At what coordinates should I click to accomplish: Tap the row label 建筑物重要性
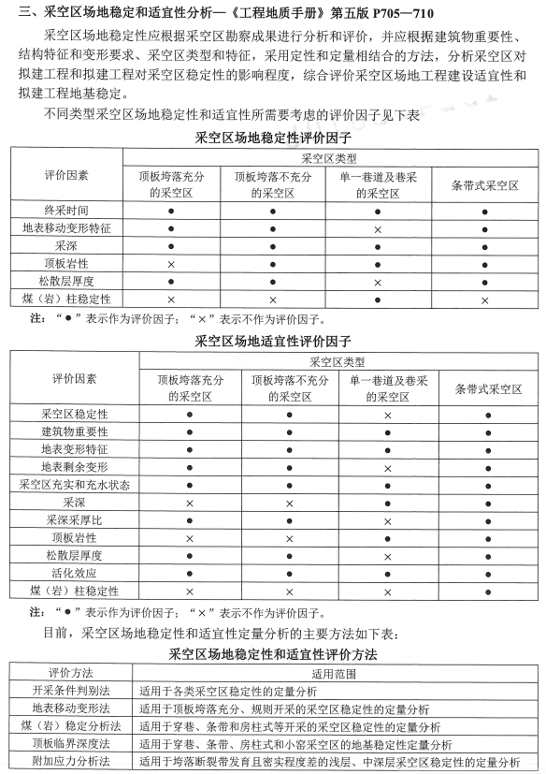pyautogui.click(x=74, y=431)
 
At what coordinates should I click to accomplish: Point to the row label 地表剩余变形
pyautogui.click(x=74, y=466)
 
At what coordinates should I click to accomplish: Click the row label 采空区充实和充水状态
pyautogui.click(x=74, y=484)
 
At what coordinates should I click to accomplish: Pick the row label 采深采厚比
pyautogui.click(x=74, y=519)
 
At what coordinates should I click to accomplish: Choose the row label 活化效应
pyautogui.click(x=74, y=573)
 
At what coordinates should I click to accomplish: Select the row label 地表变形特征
pyautogui.click(x=74, y=449)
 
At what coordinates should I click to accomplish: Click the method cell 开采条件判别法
pyautogui.click(x=65, y=691)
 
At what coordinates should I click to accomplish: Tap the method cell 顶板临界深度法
pyautogui.click(x=65, y=744)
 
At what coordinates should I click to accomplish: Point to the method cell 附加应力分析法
pyautogui.click(x=65, y=762)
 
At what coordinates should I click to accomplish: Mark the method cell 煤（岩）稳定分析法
pyautogui.click(x=65, y=726)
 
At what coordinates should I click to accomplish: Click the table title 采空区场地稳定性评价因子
pyautogui.click(x=272, y=136)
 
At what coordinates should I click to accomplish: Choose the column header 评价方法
pyautogui.click(x=65, y=673)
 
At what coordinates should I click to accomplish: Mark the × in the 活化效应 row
pyautogui.click(x=388, y=573)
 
